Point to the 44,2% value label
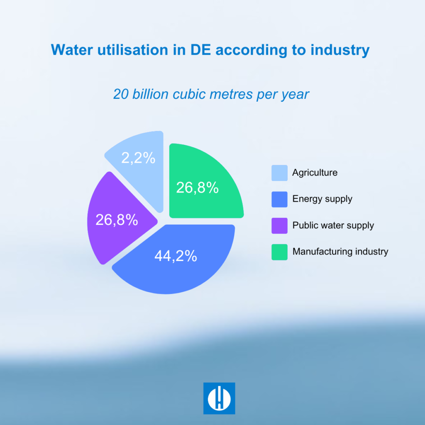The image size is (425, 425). tap(176, 256)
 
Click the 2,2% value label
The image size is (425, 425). tap(138, 158)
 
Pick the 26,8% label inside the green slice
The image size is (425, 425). tap(197, 188)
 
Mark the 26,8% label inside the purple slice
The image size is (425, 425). tap(117, 220)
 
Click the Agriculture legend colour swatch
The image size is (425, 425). tap(279, 173)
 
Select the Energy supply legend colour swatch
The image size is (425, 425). tap(279, 199)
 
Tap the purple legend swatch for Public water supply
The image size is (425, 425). tap(279, 226)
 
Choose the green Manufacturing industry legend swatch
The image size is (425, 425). tap(279, 252)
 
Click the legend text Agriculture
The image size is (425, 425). tap(315, 173)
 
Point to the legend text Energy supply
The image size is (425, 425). tap(322, 199)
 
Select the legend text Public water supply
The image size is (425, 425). tap(333, 226)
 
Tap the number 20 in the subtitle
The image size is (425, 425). tap(121, 94)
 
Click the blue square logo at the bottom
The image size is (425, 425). tap(219, 398)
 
